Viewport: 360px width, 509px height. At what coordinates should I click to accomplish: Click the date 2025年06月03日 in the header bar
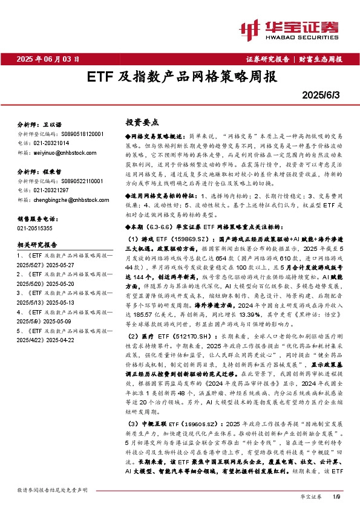point(48,59)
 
